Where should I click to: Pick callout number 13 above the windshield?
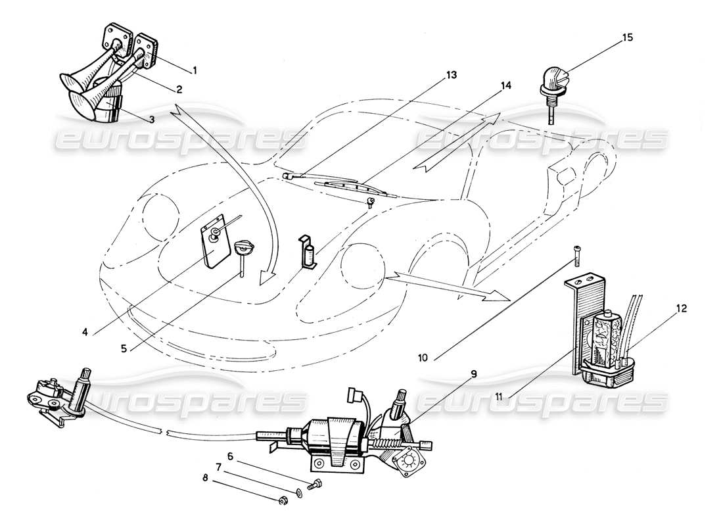tap(450, 74)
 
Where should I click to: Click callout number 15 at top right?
tap(628, 38)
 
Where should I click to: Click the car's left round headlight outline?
tap(159, 210)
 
